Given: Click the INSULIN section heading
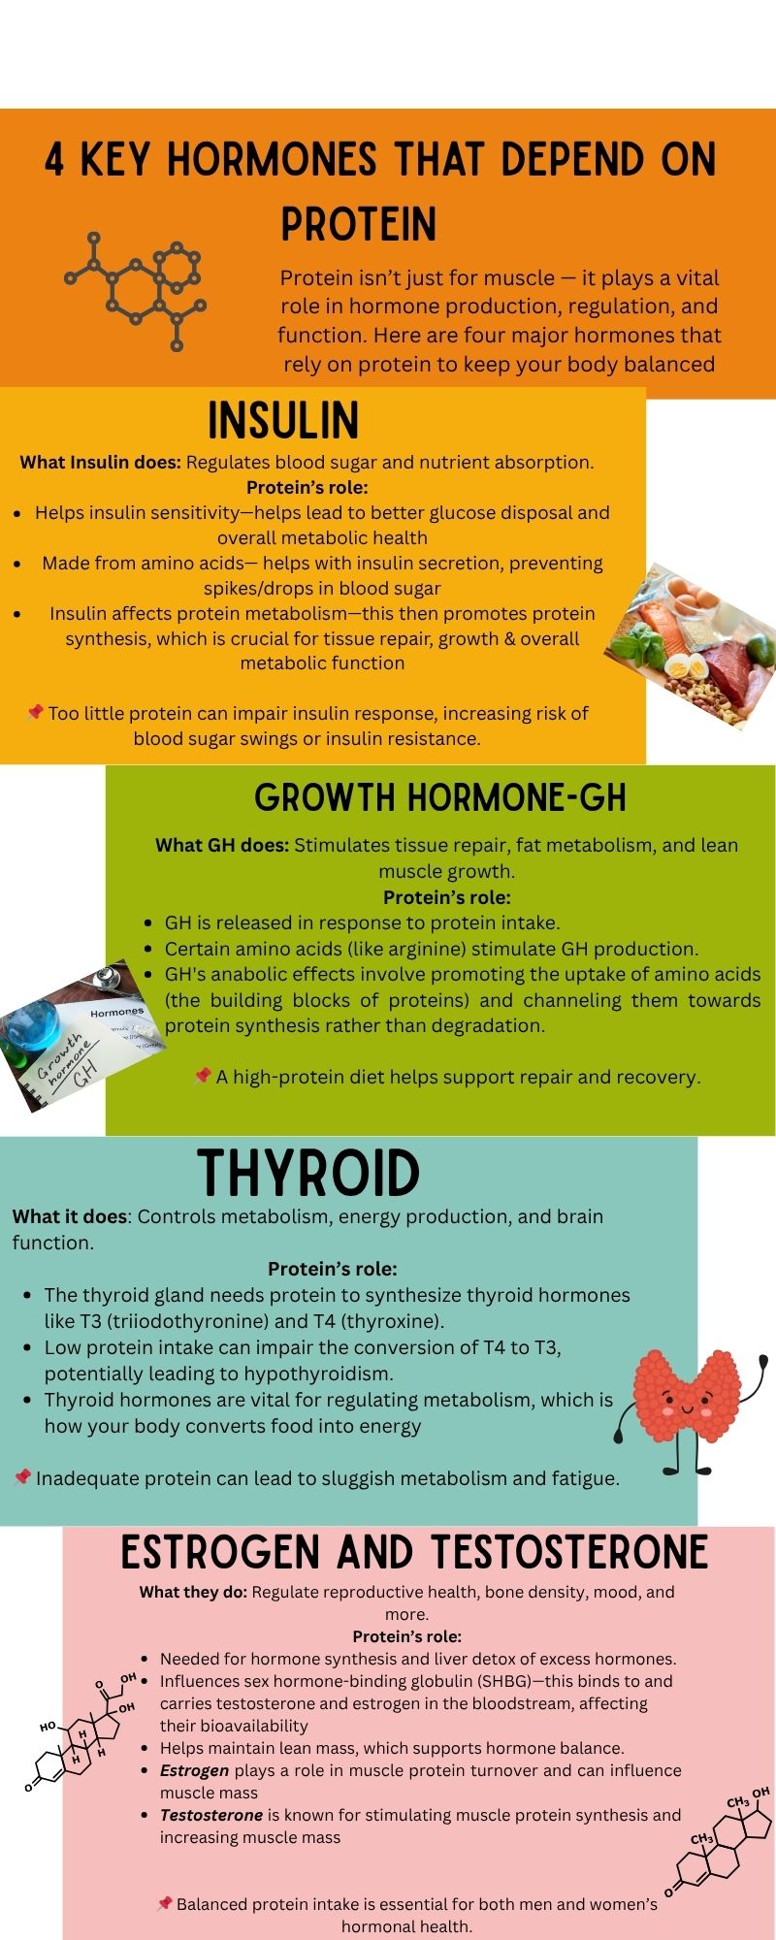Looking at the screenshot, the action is point(283,421).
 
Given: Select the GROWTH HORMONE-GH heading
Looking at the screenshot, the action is point(440,797).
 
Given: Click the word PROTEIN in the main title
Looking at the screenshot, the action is point(359,224).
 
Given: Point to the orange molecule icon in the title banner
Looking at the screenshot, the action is point(136,290).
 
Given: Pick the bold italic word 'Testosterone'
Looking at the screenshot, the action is point(211,1815).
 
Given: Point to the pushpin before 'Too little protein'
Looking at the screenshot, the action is point(36,713).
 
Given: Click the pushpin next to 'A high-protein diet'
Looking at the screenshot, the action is point(203,1076).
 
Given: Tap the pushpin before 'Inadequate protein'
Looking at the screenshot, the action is point(22,1477).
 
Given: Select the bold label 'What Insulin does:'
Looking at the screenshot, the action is point(101,462).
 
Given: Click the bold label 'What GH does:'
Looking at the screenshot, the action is point(222,845).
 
